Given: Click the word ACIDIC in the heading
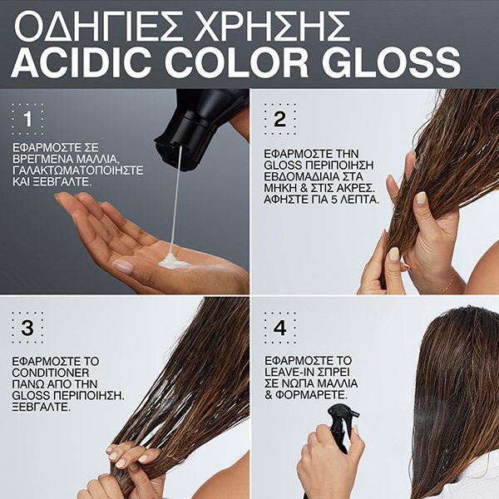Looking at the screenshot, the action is (82, 62).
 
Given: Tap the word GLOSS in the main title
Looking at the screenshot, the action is (392, 62).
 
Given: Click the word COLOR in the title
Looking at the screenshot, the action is (236, 62).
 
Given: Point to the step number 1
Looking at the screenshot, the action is (28, 119).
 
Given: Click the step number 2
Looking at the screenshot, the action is (279, 119).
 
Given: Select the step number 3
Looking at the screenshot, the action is (27, 328).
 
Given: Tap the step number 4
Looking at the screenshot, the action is (279, 328).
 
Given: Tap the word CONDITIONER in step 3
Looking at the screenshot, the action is (51, 373).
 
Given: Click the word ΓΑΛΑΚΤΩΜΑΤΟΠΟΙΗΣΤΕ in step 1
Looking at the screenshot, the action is (78, 170).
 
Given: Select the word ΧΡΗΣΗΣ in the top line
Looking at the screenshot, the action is (273, 27).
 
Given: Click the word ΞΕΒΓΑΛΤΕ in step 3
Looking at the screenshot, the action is (41, 407).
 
